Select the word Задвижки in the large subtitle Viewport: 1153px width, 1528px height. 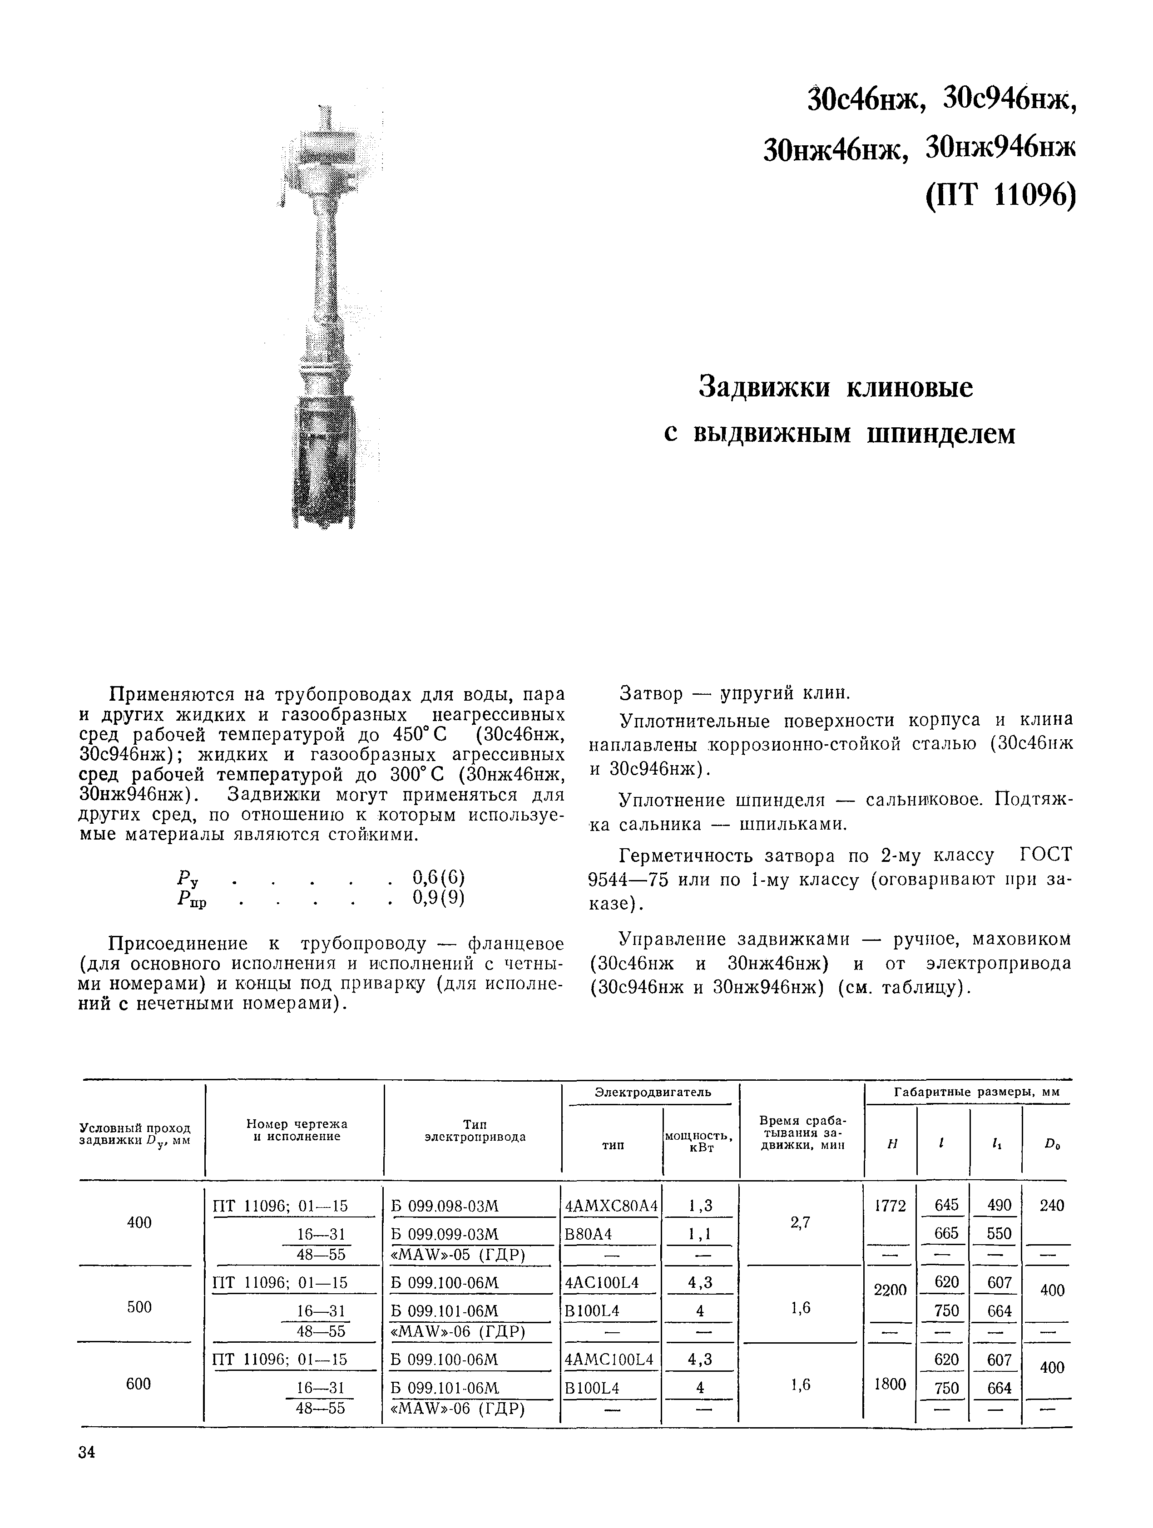coord(766,387)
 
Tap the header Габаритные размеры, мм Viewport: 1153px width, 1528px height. coord(976,1092)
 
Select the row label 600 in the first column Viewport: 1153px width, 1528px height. coord(139,1384)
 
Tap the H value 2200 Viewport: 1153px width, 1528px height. coord(890,1290)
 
